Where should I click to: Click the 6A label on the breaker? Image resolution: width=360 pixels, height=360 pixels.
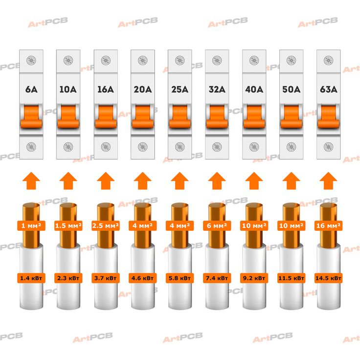coord(31,90)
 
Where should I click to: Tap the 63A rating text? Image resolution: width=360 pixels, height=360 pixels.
coord(329,90)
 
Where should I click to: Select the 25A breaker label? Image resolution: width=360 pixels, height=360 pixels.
coord(180,90)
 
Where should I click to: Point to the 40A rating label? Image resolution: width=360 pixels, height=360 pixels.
coord(254,90)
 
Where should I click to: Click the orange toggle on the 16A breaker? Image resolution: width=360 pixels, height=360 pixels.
coord(106,116)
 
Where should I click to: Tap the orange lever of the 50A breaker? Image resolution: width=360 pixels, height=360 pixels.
coord(291,116)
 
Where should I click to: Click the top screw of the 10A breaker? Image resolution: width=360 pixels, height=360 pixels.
coord(68,60)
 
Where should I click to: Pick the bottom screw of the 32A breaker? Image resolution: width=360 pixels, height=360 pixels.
coord(217,147)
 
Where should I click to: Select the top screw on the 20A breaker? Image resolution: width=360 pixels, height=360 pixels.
coord(142,60)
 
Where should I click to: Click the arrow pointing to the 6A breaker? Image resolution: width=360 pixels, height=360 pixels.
coord(31,181)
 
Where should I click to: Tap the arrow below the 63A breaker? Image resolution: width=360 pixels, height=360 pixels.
coord(328,181)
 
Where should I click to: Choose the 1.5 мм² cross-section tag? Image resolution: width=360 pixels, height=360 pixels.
coord(68,225)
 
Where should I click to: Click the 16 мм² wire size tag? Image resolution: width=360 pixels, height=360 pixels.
coord(328,225)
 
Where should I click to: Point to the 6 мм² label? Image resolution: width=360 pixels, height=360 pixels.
coord(217,225)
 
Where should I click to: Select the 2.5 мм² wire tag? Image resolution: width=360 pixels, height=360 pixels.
coord(106,225)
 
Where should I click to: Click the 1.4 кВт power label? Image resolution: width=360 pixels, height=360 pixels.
coord(31,278)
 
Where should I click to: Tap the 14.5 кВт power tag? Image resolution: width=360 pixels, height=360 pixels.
coord(328,278)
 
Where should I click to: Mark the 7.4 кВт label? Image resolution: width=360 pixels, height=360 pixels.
coord(217,278)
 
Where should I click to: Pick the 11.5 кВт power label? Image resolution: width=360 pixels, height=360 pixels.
coord(291,278)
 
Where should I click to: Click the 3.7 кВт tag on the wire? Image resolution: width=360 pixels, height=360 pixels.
coord(106,278)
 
